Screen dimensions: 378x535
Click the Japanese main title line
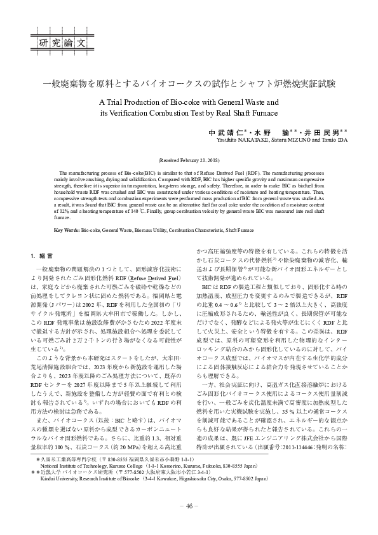[x=189, y=84]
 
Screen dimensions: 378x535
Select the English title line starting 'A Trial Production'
[x=189, y=101]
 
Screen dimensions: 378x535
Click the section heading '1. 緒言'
[x=42, y=256]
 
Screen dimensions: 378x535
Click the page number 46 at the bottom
[x=189, y=506]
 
